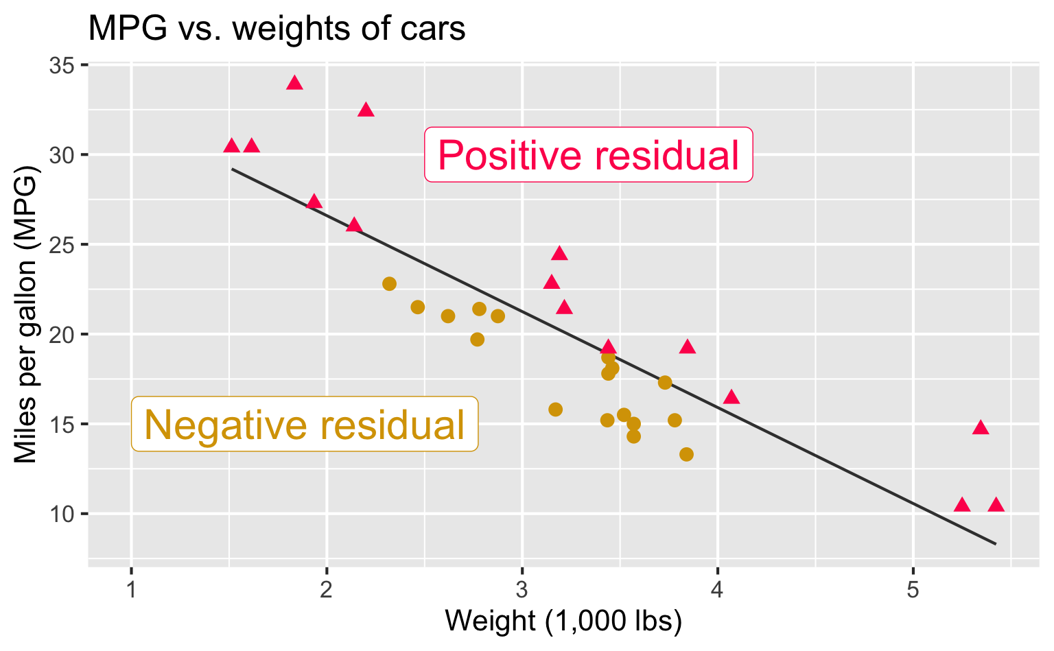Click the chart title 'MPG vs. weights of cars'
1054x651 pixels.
click(x=277, y=29)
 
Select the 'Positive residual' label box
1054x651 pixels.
click(x=588, y=155)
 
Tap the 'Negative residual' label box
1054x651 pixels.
click(x=304, y=425)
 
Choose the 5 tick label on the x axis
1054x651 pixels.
click(x=913, y=590)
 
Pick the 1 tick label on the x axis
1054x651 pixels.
click(x=131, y=590)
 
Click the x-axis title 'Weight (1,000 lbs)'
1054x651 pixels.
click(x=563, y=622)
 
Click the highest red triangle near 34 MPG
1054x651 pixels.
click(x=294, y=83)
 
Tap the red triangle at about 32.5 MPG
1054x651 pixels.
click(x=366, y=110)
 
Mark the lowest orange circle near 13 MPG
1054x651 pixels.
click(x=686, y=454)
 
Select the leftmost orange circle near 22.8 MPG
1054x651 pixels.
click(x=389, y=284)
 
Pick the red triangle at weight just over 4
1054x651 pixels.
click(x=731, y=397)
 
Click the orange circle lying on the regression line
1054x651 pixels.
click(x=664, y=383)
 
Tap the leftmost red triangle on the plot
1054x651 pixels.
click(x=231, y=145)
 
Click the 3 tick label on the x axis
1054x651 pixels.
click(x=522, y=590)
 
